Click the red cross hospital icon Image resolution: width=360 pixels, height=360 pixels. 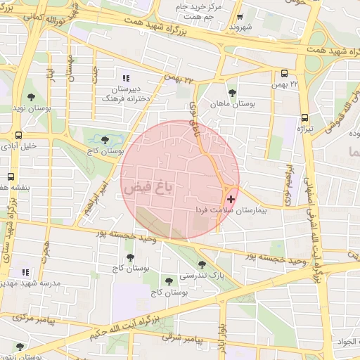[232, 200]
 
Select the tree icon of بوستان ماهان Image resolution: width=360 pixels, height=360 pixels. [233, 92]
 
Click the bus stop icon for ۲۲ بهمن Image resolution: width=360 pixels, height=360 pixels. [284, 73]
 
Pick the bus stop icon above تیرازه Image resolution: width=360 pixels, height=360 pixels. [304, 118]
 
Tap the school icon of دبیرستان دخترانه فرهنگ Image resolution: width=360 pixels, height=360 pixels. [126, 79]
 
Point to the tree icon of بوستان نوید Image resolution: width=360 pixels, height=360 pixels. [31, 96]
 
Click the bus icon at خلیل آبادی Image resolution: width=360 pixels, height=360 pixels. [18, 136]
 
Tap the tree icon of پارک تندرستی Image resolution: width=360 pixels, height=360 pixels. [202, 264]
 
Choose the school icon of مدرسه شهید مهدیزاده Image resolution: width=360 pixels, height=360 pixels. [25, 271]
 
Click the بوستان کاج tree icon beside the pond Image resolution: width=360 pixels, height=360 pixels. [105, 140]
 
